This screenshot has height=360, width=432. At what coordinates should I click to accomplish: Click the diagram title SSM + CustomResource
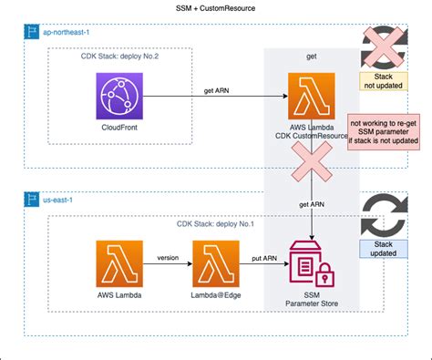coord(215,7)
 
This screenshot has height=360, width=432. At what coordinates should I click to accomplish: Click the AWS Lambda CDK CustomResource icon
coord(312,96)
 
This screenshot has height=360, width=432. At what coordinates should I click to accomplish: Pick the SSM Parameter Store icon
coord(312,263)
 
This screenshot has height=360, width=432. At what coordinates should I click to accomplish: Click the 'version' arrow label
coord(168,256)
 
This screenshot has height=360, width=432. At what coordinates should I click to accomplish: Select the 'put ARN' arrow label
coord(263,256)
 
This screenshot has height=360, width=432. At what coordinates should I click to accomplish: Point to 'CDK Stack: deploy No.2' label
coord(119,57)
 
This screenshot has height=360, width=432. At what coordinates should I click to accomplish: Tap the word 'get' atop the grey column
coord(312,57)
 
